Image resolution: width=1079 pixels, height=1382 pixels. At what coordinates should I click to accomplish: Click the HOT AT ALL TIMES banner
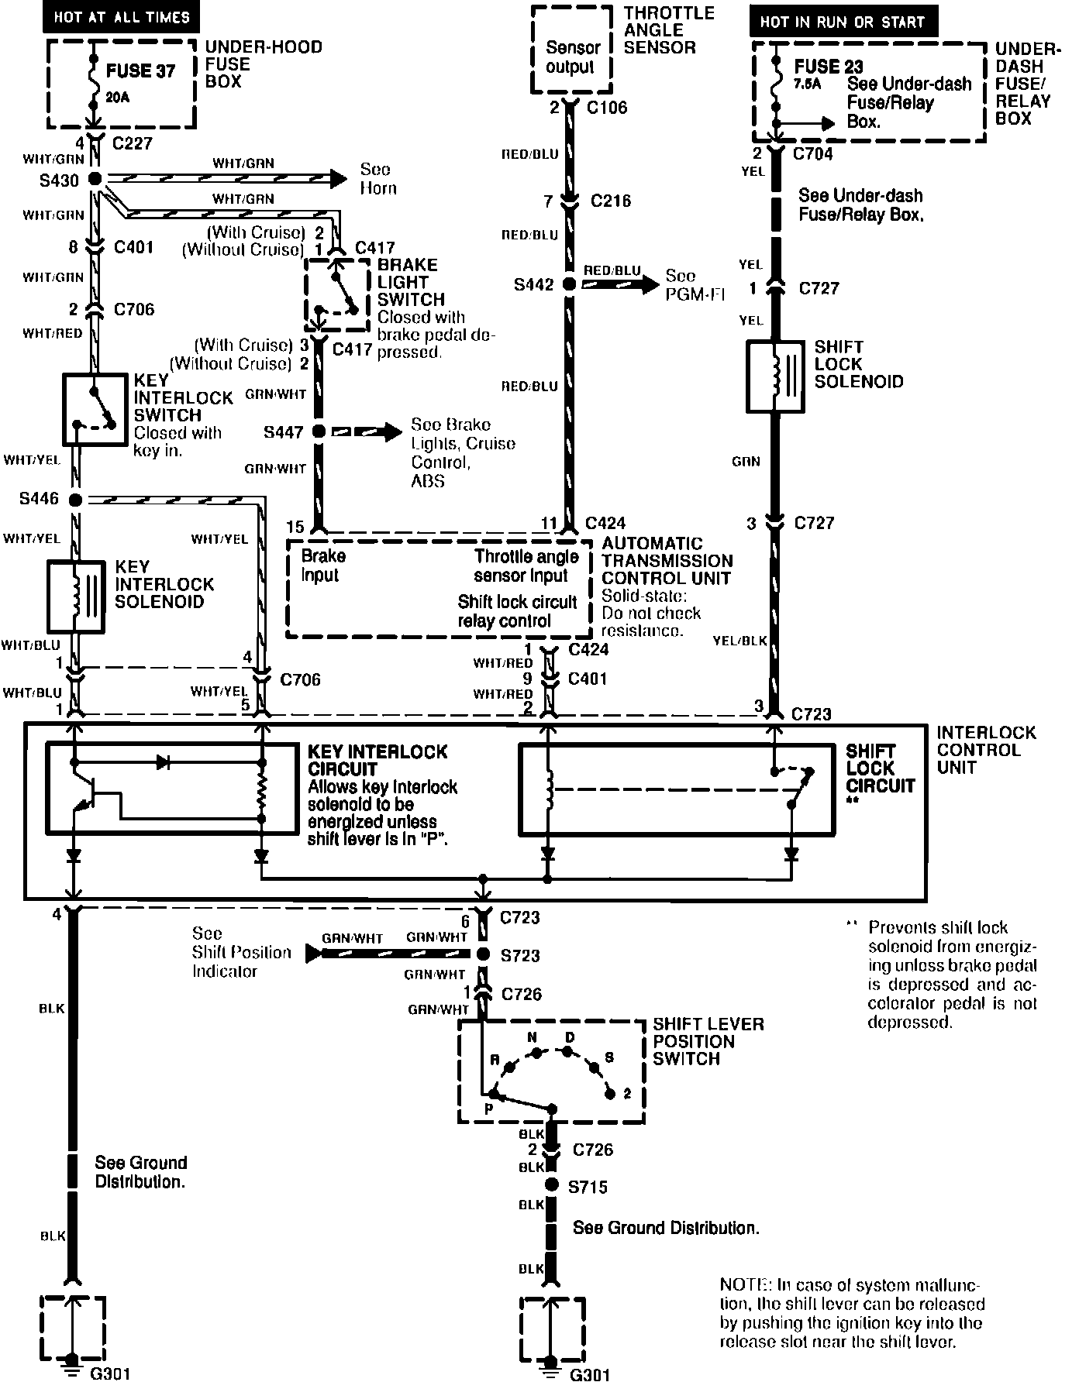[121, 16]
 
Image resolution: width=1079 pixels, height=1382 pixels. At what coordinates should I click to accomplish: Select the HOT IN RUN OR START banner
[843, 22]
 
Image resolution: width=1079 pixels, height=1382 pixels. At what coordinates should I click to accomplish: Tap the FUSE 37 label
[140, 70]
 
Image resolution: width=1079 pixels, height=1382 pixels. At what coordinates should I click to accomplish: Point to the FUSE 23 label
[828, 67]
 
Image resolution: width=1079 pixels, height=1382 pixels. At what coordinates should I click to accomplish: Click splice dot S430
[95, 179]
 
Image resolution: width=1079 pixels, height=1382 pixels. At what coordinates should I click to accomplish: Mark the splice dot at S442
[569, 284]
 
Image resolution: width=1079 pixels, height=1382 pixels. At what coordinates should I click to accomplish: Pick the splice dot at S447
[319, 432]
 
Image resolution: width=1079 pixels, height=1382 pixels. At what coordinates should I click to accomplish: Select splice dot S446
[75, 500]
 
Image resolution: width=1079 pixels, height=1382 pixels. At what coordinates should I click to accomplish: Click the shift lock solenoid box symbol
[775, 376]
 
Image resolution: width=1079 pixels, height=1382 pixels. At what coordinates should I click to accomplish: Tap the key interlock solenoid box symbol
[76, 596]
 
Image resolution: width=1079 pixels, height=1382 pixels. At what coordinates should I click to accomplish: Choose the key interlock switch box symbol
[94, 409]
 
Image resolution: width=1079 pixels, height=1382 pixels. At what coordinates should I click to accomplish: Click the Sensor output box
[570, 58]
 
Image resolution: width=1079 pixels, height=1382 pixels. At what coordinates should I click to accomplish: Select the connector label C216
[610, 201]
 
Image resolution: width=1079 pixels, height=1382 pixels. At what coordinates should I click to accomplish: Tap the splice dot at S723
[482, 954]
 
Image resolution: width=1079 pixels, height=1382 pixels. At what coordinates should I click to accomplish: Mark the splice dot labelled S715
[551, 1184]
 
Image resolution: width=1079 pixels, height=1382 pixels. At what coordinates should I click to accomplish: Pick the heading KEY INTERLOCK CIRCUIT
[377, 760]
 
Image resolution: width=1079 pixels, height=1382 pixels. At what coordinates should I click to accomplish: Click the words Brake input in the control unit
[322, 566]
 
